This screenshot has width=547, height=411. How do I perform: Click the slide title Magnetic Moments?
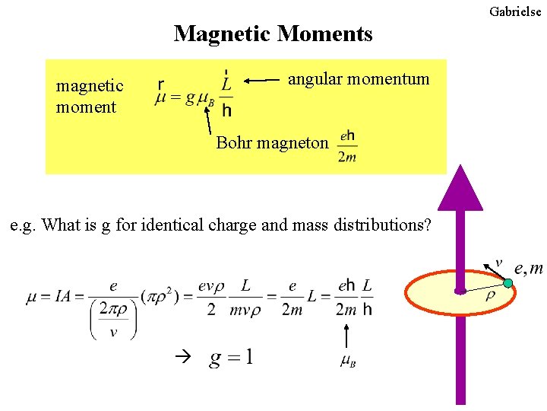tap(273, 34)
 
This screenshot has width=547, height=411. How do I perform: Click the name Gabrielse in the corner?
tap(515, 11)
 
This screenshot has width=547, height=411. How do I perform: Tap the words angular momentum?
tap(359, 78)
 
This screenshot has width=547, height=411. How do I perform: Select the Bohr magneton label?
tap(272, 142)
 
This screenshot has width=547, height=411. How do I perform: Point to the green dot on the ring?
tap(508, 283)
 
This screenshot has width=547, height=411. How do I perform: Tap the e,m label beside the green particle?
tap(529, 268)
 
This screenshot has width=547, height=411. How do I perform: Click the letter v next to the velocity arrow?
tap(498, 263)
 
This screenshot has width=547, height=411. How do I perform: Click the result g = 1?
tap(232, 358)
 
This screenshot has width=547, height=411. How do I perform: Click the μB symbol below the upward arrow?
tap(347, 361)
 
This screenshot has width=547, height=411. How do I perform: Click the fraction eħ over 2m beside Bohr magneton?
tap(347, 146)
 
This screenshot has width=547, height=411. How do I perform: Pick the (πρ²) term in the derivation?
tap(162, 297)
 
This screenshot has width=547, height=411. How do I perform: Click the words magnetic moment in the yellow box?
tap(89, 97)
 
